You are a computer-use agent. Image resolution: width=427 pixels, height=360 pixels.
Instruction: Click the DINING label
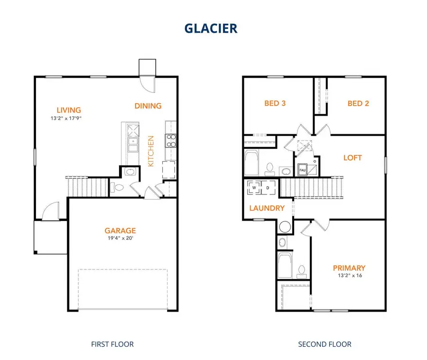coord(148,106)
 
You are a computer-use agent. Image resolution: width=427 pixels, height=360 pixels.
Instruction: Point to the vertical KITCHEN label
coord(151,151)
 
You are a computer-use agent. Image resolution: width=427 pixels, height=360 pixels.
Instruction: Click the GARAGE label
coord(120,231)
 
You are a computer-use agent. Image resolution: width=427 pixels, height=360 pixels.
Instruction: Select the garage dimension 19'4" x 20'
coord(120,239)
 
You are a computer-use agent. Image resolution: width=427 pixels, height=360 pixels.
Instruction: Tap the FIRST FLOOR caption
coord(113,344)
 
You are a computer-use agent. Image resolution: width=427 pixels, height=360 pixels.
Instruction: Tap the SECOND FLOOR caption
coord(325,344)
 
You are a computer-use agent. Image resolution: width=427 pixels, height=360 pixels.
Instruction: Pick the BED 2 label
coord(358,103)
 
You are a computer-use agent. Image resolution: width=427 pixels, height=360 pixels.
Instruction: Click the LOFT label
coord(353,157)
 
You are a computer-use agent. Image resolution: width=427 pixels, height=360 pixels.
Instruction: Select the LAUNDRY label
coord(267,208)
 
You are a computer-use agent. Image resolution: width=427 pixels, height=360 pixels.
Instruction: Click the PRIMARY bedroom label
coord(349,268)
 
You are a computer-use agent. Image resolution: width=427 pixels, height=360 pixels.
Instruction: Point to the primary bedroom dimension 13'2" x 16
coord(349,275)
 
